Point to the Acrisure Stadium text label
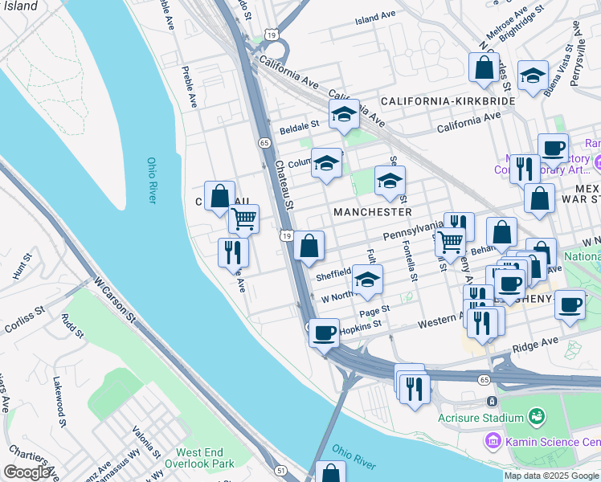tap(475, 418)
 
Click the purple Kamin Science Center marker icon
tap(492, 440)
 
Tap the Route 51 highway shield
tap(280, 470)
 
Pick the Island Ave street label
tap(375, 17)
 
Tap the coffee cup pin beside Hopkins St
tap(324, 332)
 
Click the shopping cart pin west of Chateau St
tap(243, 218)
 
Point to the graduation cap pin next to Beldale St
tap(344, 114)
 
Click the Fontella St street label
tap(409, 262)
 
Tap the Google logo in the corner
tap(27, 472)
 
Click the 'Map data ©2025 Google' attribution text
tap(550, 476)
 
